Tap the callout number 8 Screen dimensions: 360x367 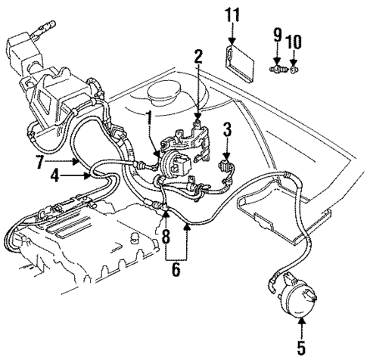pos(165,237)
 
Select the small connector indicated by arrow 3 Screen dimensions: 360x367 pos(224,168)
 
